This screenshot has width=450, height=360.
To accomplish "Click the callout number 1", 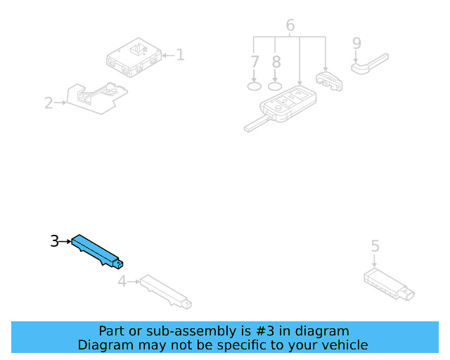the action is [180, 55].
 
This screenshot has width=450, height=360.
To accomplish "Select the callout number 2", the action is [49, 103].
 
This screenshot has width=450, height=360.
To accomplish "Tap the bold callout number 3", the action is [55, 241].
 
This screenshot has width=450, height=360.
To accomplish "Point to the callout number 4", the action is [122, 281].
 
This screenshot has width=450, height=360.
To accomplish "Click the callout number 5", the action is [375, 246].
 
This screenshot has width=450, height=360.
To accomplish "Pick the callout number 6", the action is [290, 25].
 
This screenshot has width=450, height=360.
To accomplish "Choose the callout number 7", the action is [255, 62].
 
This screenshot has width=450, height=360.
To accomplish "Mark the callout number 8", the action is [276, 62].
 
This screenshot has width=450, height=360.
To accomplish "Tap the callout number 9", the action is [356, 43].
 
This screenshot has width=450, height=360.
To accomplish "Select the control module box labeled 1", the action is [134, 58].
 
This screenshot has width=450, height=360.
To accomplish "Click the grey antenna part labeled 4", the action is [166, 292].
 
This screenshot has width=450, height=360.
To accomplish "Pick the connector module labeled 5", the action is [389, 285].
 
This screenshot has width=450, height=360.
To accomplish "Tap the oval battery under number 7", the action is [255, 86].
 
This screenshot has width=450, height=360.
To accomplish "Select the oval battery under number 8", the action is [275, 86].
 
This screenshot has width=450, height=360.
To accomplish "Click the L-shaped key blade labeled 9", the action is [369, 64].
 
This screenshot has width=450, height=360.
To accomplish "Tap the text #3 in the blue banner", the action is [265, 331].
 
